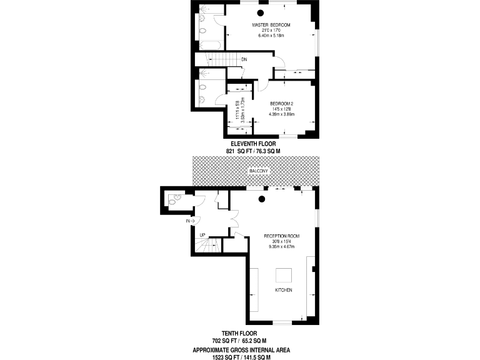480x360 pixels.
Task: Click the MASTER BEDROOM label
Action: (x=271, y=25)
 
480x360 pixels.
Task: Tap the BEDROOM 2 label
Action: (x=281, y=103)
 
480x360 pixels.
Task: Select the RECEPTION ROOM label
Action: (x=281, y=236)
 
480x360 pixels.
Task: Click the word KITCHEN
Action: (x=283, y=291)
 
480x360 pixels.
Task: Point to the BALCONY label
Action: (x=258, y=171)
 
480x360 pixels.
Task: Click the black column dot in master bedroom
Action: (x=261, y=12)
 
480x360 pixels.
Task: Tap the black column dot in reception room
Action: (x=262, y=199)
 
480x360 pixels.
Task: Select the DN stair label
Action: (x=244, y=60)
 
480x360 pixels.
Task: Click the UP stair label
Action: (x=202, y=235)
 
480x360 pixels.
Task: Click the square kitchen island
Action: (x=284, y=274)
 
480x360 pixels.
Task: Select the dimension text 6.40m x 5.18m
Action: (x=271, y=36)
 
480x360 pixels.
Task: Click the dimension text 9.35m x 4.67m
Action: (x=281, y=247)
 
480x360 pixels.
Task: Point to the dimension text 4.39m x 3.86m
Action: (x=281, y=114)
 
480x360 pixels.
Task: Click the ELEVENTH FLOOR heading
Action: (x=253, y=143)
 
